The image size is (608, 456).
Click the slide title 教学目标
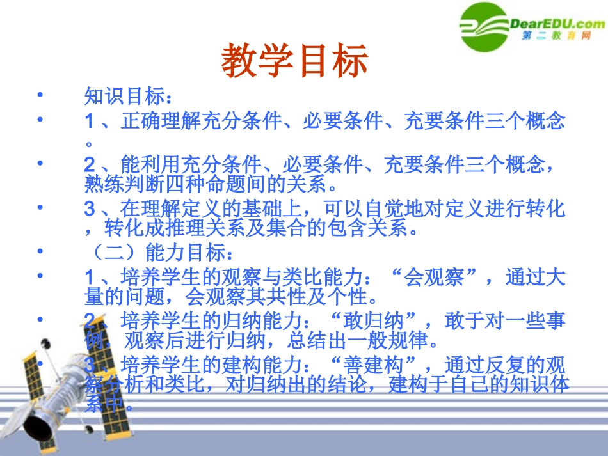click(x=295, y=61)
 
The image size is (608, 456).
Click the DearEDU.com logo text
click(x=557, y=24)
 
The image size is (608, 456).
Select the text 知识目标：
click(x=128, y=97)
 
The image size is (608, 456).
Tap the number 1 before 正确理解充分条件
click(x=90, y=122)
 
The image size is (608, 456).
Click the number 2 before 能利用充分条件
click(x=90, y=165)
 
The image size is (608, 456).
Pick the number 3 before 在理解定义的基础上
click(x=90, y=209)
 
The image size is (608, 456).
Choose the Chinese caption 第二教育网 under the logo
click(x=557, y=36)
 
